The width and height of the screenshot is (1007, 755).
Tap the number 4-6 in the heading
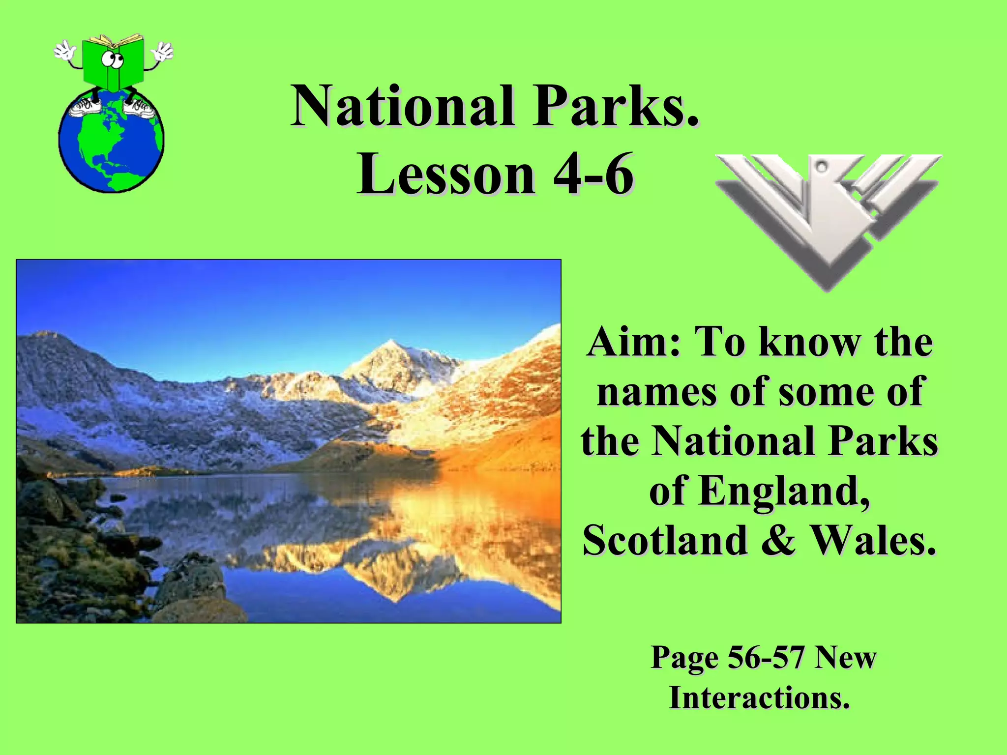click(593, 174)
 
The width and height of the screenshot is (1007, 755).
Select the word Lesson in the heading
click(446, 174)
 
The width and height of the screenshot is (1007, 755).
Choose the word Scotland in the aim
click(665, 540)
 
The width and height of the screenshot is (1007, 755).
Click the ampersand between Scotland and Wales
click(778, 540)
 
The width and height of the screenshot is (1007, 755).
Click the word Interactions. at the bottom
click(760, 697)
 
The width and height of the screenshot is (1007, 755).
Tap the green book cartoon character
click(114, 64)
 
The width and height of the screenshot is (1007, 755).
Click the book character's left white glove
click(64, 50)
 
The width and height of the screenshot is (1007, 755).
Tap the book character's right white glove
click(163, 50)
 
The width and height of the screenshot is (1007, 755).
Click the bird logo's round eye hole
click(821, 168)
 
